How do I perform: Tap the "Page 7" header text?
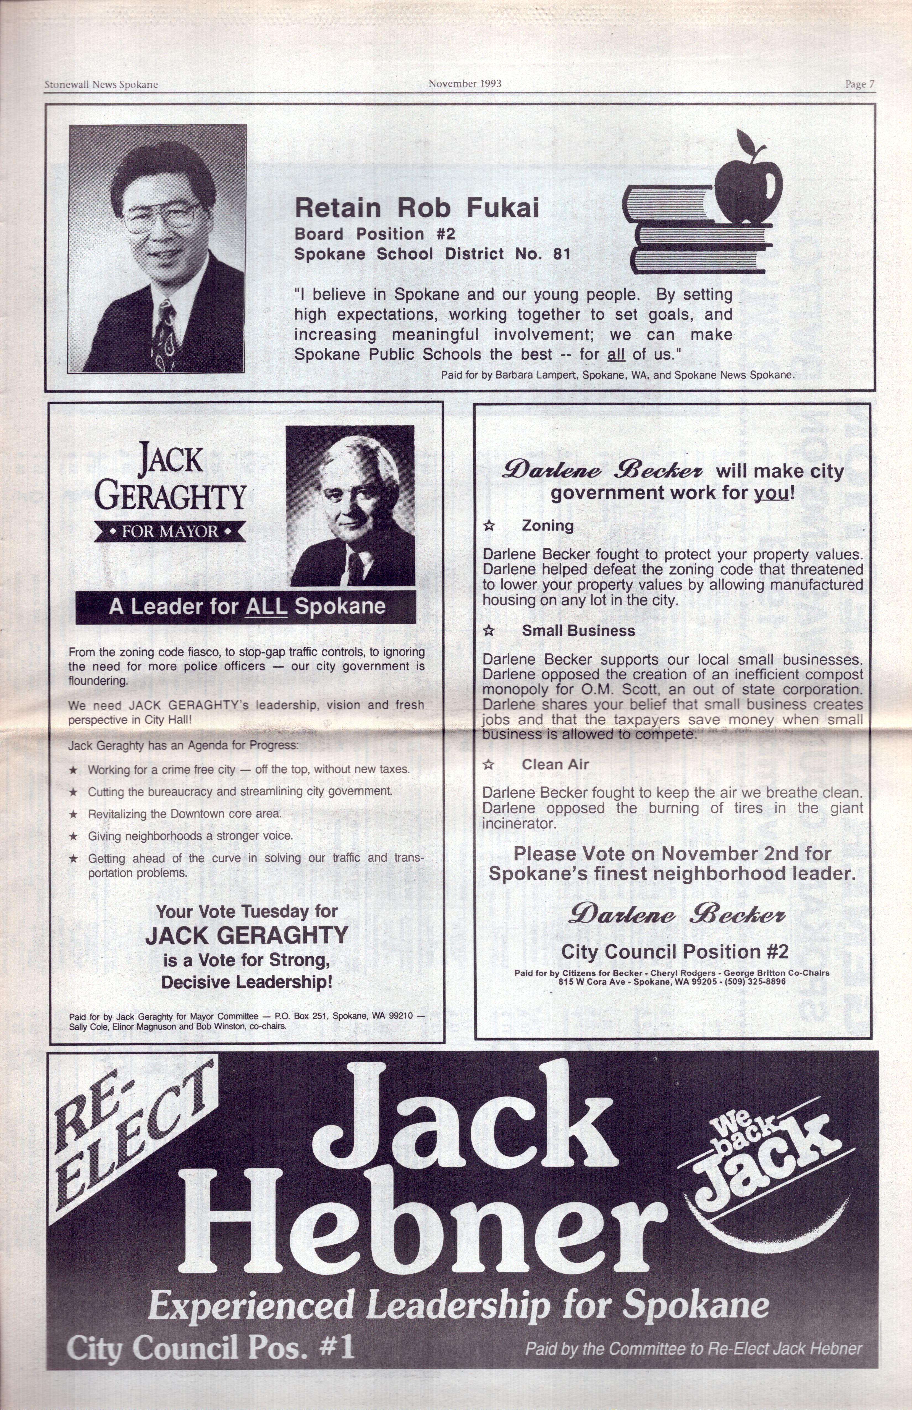point(860,84)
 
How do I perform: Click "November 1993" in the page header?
point(465,83)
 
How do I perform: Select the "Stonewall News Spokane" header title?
point(101,85)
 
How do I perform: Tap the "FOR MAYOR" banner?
point(170,531)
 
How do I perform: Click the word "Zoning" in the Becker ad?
point(547,526)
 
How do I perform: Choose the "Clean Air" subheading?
point(555,764)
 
